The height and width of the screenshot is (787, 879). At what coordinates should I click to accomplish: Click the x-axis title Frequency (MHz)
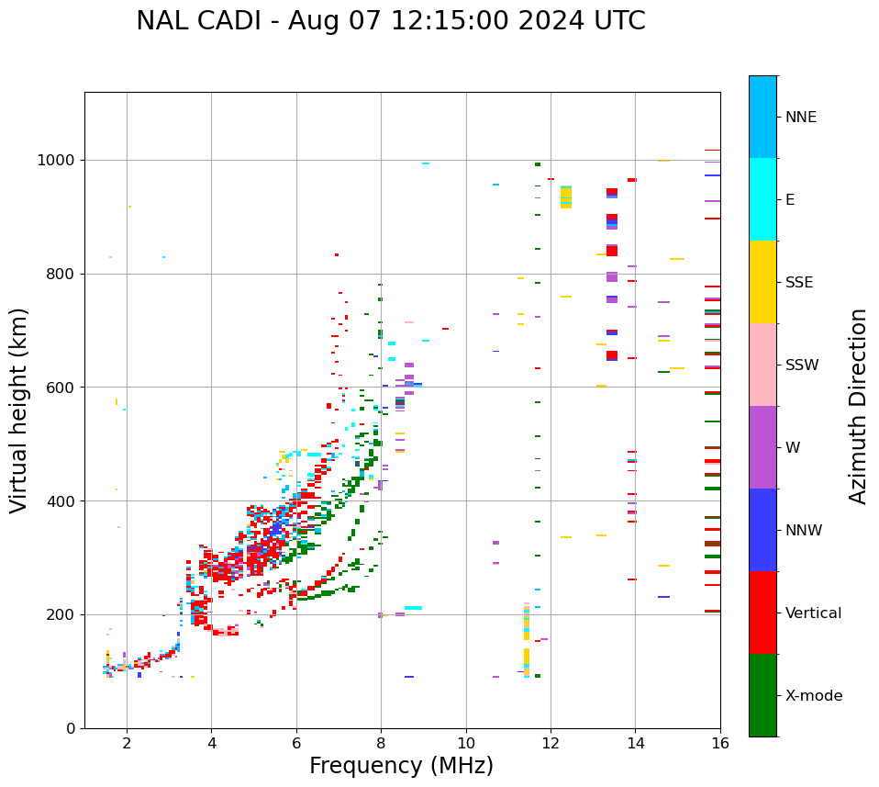(x=401, y=766)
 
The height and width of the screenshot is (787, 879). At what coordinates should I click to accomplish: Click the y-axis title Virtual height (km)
(x=19, y=410)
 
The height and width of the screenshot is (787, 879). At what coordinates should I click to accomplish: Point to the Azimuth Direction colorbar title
(x=858, y=406)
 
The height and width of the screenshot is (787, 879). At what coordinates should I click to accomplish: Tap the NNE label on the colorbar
(x=800, y=118)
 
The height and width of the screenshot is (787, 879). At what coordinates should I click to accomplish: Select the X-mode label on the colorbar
(x=813, y=696)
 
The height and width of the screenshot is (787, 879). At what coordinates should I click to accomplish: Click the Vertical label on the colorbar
(x=813, y=613)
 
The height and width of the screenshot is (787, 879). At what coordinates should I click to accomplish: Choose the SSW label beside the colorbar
(x=802, y=365)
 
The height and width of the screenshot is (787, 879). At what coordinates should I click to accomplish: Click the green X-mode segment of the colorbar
(x=762, y=695)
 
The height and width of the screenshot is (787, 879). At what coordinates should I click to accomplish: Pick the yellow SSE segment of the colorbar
(x=762, y=282)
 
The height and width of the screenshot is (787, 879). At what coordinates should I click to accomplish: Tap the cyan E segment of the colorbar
(x=762, y=199)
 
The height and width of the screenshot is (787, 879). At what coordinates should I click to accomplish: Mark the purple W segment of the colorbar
(x=762, y=447)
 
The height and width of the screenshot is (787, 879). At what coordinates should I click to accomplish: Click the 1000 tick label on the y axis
(x=57, y=161)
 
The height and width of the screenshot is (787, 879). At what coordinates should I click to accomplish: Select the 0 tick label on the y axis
(x=71, y=728)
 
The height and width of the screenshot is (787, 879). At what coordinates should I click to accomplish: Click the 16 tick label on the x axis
(x=719, y=743)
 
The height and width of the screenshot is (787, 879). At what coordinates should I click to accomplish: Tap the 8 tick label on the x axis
(x=381, y=743)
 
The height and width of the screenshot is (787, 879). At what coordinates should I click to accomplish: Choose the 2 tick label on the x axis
(x=127, y=743)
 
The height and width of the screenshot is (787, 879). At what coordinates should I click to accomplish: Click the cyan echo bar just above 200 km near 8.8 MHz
(x=413, y=608)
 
